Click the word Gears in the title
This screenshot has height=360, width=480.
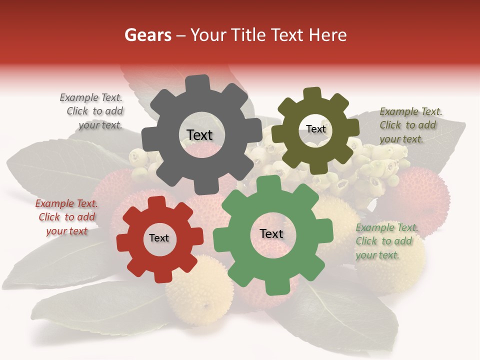147,35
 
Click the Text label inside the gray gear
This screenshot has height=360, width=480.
199,135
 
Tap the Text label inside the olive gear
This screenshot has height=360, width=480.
315,129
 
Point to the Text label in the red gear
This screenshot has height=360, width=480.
159,238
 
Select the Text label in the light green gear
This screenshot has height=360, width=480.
271,233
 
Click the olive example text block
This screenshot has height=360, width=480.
410,125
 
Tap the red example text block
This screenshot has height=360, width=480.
66,217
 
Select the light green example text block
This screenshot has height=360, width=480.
386,241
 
